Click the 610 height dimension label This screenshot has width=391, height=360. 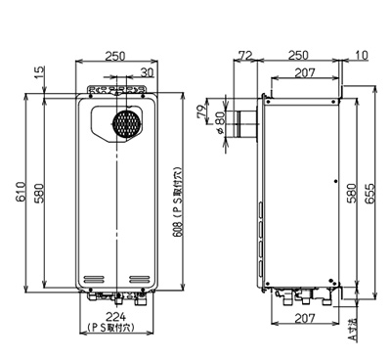[21, 192]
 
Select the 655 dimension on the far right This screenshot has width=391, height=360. [369, 194]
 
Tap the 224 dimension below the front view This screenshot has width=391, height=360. [116, 316]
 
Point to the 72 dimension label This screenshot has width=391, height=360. [245, 55]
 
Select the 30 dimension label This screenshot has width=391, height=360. [147, 72]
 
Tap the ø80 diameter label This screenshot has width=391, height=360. [220, 122]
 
